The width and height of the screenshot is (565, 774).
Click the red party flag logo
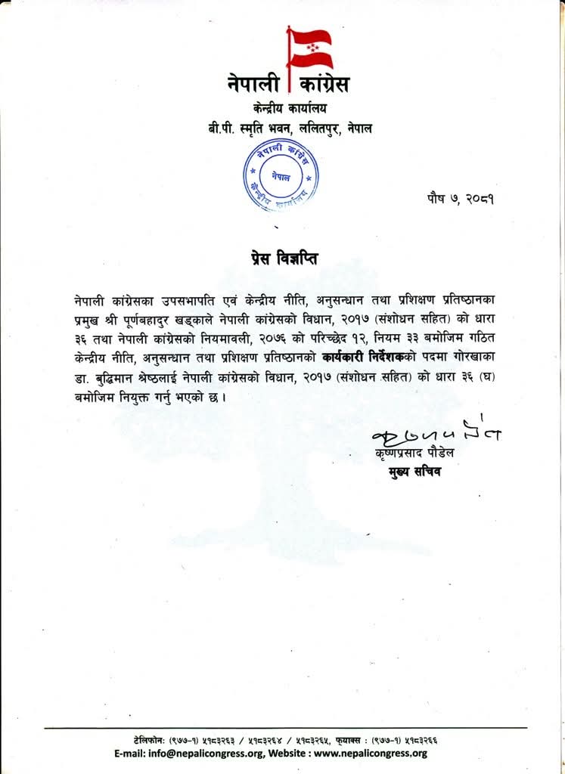tap(308, 45)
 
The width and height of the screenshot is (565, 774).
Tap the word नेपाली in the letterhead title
tap(253, 83)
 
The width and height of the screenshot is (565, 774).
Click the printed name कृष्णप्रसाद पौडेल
tap(418, 456)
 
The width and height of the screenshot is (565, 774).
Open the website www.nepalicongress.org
tap(371, 753)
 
